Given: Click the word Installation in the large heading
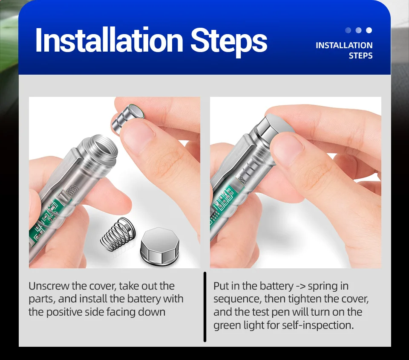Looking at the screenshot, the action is (109, 41).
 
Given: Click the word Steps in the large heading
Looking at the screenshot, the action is (229, 42).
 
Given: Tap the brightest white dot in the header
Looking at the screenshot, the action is (369, 30).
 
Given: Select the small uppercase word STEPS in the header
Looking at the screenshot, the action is (360, 55).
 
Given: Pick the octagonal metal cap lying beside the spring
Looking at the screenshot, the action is (160, 245).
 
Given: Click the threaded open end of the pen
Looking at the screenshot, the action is (101, 151).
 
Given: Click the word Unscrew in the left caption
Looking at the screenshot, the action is (49, 286).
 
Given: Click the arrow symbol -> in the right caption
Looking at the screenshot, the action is (300, 286).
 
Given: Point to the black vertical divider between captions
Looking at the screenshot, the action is (205, 307).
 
